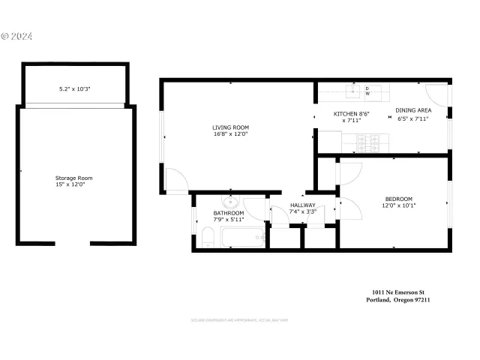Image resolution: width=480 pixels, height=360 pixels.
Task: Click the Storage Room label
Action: [73, 177]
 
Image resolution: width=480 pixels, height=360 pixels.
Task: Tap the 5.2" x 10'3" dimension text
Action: [75, 89]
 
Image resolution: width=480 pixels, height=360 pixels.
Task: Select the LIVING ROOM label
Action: [230, 127]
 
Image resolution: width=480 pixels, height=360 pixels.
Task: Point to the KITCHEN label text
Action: [348, 113]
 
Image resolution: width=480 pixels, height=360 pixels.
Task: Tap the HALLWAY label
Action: [303, 205]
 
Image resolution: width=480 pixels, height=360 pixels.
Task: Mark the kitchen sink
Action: [352, 92]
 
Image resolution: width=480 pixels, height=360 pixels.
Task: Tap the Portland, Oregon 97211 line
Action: [397, 300]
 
